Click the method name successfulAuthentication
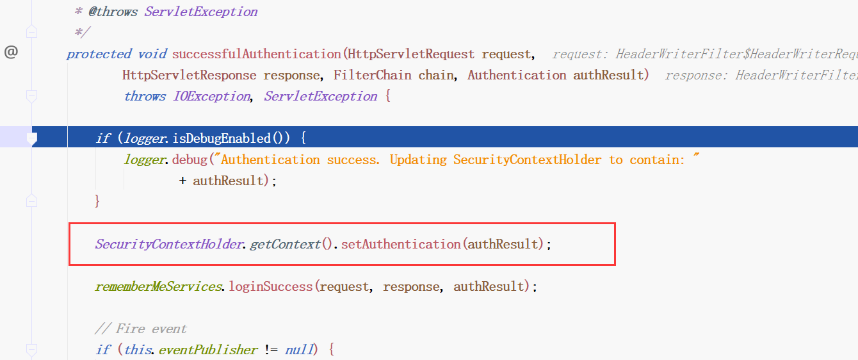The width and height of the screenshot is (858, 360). coord(256,54)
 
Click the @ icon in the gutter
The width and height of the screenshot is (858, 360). coord(11,53)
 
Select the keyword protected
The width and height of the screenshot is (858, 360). coord(99,54)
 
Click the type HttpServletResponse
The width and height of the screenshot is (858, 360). coord(189,75)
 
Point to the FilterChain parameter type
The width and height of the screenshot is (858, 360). coord(372,75)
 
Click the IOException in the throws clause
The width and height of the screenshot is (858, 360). coord(211,96)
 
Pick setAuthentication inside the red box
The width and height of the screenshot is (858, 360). coord(400,244)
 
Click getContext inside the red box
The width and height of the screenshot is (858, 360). coord(284,244)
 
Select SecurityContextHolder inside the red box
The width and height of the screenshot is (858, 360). coord(170,244)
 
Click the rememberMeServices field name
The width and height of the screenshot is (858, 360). coord(158,286)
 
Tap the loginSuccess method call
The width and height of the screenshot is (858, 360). coord(271,286)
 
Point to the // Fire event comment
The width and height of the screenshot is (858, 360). coord(140,329)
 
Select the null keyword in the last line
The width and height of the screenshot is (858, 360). coord(300,350)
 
